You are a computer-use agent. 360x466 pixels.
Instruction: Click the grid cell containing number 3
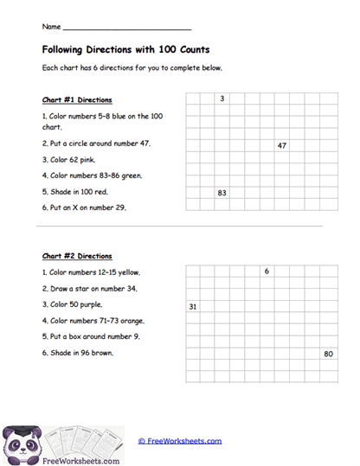coord(222,99)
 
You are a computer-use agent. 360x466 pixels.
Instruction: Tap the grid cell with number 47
coord(282,146)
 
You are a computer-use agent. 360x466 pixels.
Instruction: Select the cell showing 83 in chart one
coord(222,193)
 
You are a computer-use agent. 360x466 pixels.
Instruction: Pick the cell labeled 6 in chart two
coord(267,271)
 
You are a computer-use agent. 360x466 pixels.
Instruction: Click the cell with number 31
coord(192,307)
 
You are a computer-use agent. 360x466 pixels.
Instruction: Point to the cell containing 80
coord(329,354)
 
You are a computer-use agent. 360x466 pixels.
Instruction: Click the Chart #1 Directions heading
coord(77,100)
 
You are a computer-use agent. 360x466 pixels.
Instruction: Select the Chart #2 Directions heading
coord(77,257)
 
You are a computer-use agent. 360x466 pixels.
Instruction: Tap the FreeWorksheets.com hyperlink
coord(180,441)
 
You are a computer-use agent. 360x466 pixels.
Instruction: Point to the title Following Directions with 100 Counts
coord(125,50)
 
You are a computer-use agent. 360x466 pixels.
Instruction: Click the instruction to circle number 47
coord(96,144)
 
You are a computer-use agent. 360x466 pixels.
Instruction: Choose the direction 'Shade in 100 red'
coord(75,191)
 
